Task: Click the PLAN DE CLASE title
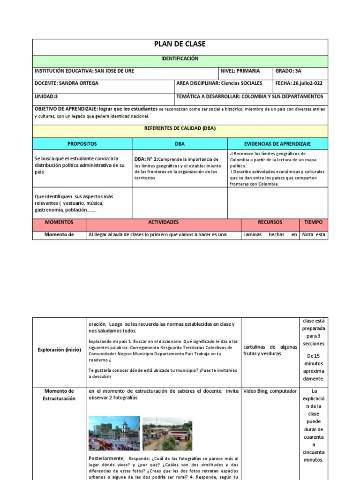(x=180, y=45)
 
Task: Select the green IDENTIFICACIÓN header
(x=180, y=59)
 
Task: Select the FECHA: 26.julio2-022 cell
(x=299, y=83)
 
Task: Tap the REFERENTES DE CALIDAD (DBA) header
(x=180, y=128)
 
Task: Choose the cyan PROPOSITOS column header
(x=82, y=143)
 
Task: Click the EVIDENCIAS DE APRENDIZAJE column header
(x=277, y=143)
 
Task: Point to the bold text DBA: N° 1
(x=146, y=159)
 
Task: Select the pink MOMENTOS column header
(x=59, y=222)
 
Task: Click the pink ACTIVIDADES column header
(x=164, y=222)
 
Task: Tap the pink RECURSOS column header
(x=270, y=222)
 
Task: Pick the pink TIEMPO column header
(x=313, y=222)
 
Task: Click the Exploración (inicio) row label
(x=60, y=350)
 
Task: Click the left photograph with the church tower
(x=114, y=433)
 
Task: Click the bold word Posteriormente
(x=106, y=458)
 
